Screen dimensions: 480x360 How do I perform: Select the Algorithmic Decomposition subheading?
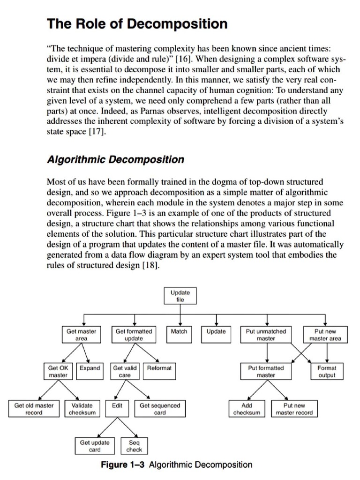pyautogui.click(x=116, y=159)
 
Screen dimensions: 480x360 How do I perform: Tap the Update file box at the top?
pyautogui.click(x=180, y=296)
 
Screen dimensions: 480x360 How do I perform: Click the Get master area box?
pyautogui.click(x=81, y=335)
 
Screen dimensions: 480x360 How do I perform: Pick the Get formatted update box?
pyautogui.click(x=134, y=335)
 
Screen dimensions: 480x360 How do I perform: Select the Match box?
pyautogui.click(x=179, y=331)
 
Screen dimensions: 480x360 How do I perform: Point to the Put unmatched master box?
pyautogui.click(x=266, y=335)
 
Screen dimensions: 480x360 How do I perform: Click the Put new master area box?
pyautogui.click(x=326, y=335)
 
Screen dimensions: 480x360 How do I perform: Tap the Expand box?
pyautogui.click(x=90, y=368)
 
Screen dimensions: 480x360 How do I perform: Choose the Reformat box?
pyautogui.click(x=159, y=368)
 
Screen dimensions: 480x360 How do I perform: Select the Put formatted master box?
pyautogui.click(x=266, y=372)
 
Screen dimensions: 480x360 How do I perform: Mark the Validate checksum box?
pyautogui.click(x=82, y=409)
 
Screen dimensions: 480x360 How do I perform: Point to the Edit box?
pyautogui.click(x=117, y=405)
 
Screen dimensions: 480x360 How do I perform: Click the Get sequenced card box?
pyautogui.click(x=160, y=409)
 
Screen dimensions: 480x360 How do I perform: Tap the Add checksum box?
pyautogui.click(x=247, y=409)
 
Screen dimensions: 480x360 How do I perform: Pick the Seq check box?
pyautogui.click(x=134, y=446)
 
